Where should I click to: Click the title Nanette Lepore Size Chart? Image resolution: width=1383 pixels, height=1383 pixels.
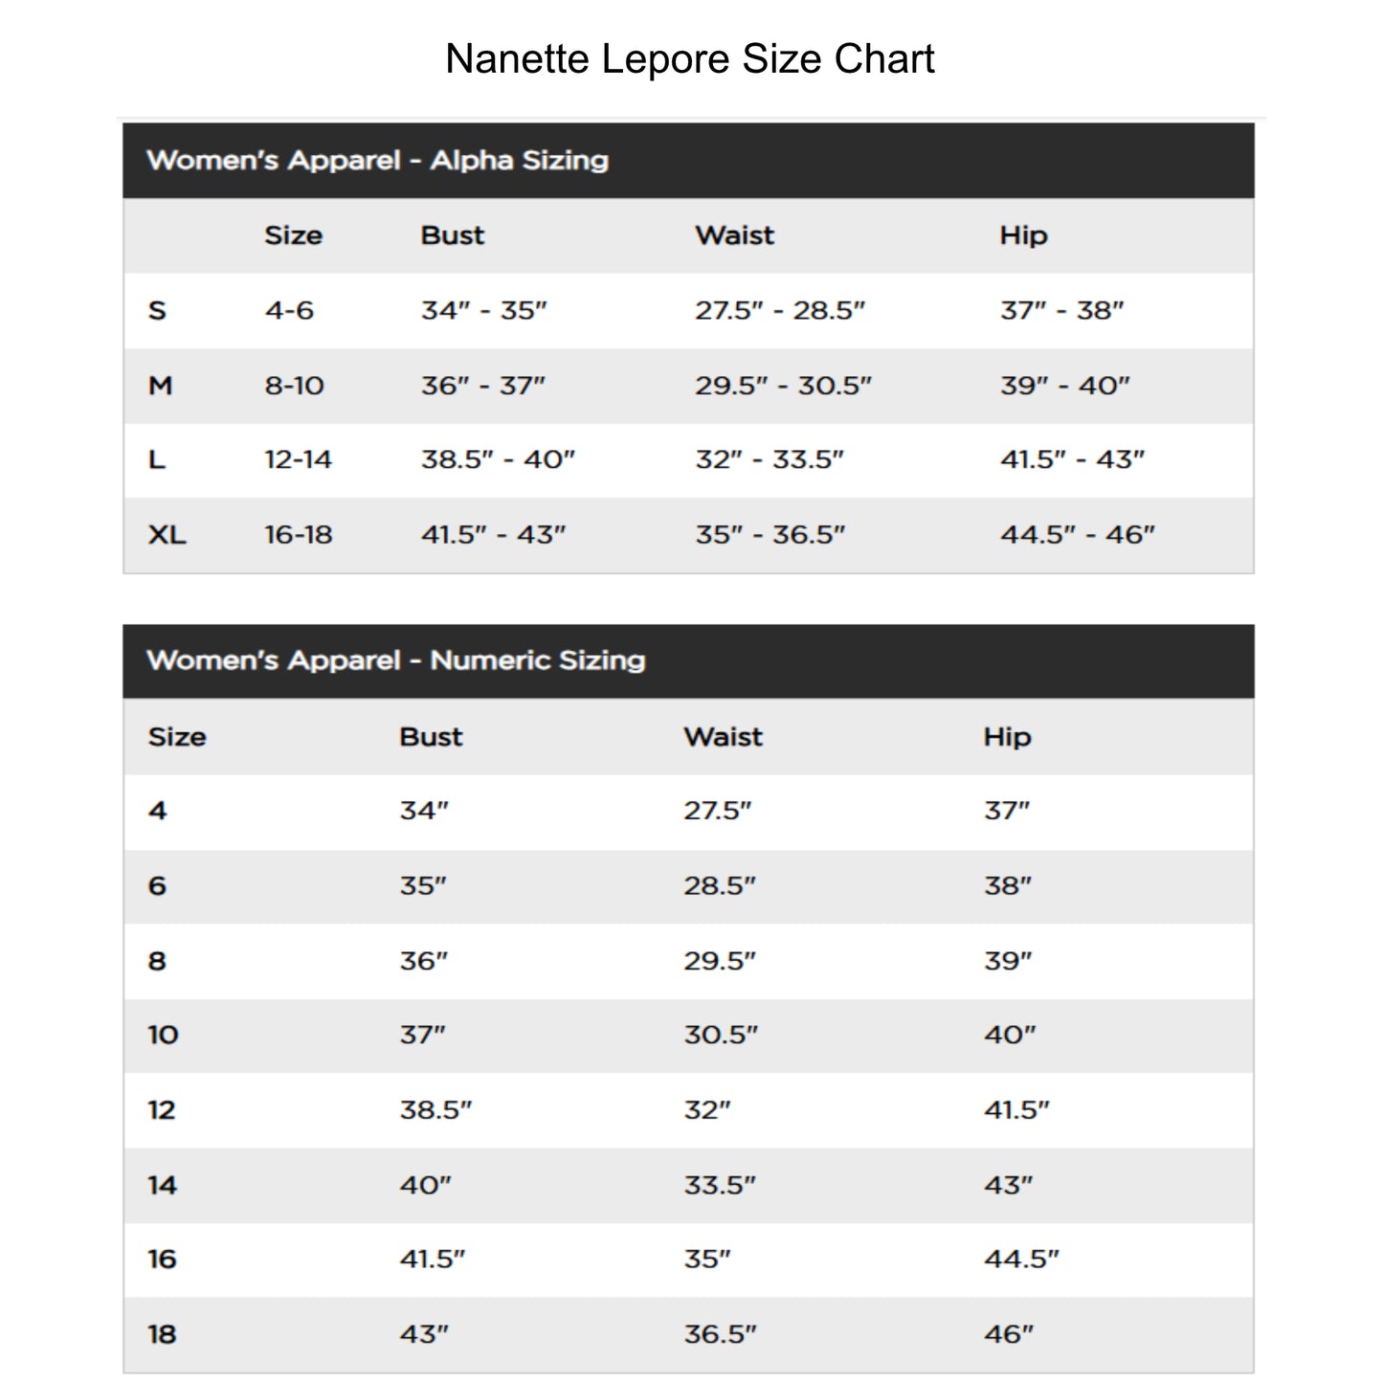click(689, 59)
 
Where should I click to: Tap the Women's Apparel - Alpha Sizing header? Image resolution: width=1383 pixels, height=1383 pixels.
click(377, 160)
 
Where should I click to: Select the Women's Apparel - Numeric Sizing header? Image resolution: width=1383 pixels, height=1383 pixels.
click(395, 660)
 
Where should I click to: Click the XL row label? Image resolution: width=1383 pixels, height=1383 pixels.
click(167, 535)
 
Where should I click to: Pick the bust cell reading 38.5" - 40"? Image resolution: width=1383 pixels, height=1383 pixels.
click(498, 460)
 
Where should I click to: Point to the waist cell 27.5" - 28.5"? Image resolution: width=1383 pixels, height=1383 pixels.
click(779, 311)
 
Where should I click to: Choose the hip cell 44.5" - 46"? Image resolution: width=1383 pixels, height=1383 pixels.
click(1077, 535)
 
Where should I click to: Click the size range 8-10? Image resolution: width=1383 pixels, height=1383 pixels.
click(294, 386)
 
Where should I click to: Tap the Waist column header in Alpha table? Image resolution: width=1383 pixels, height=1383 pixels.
click(734, 235)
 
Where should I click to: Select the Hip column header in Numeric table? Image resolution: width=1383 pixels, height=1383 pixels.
click(1007, 737)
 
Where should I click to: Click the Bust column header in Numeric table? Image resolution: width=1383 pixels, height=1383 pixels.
click(431, 737)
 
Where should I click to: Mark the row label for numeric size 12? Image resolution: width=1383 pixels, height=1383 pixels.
click(162, 1110)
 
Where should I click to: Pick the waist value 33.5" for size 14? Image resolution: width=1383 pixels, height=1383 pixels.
click(719, 1185)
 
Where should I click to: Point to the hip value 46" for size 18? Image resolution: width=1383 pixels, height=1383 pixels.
click(1009, 1334)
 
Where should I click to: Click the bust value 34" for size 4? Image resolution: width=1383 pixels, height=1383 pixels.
click(424, 811)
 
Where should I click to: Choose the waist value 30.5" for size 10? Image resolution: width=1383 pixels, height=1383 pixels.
click(720, 1035)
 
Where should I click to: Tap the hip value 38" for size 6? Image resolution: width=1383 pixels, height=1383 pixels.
click(1008, 886)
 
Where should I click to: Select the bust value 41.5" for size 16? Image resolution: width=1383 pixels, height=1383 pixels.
click(432, 1260)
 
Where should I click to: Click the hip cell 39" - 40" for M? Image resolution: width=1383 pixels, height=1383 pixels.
click(1064, 386)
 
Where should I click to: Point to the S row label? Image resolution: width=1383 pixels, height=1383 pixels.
click(157, 311)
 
